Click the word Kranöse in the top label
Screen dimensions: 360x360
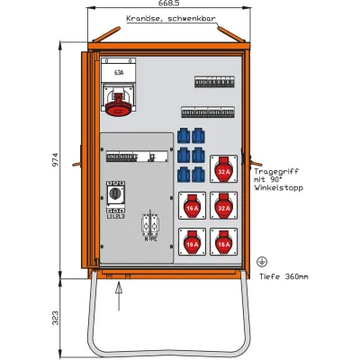(145, 19)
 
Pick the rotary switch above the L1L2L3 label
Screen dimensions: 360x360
(116, 193)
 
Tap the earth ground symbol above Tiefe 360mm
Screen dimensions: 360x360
(262, 260)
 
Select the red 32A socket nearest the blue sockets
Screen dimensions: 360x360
(222, 167)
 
